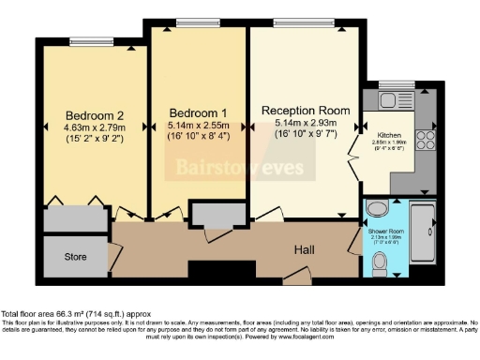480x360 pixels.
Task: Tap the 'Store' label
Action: pos(76,256)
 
